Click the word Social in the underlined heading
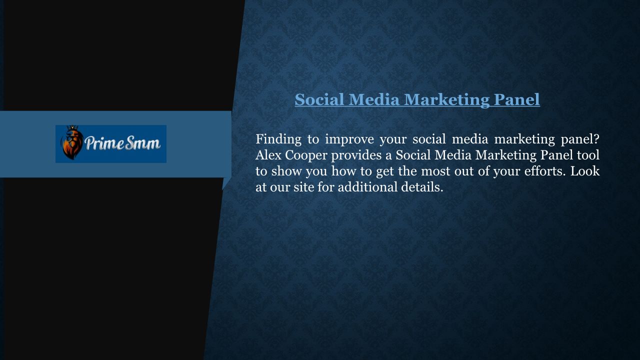coord(319,99)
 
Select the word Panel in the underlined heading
coord(517,99)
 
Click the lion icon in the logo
coord(72,142)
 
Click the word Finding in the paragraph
coord(278,139)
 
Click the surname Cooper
coord(306,156)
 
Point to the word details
coord(422,187)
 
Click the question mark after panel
coord(596,139)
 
